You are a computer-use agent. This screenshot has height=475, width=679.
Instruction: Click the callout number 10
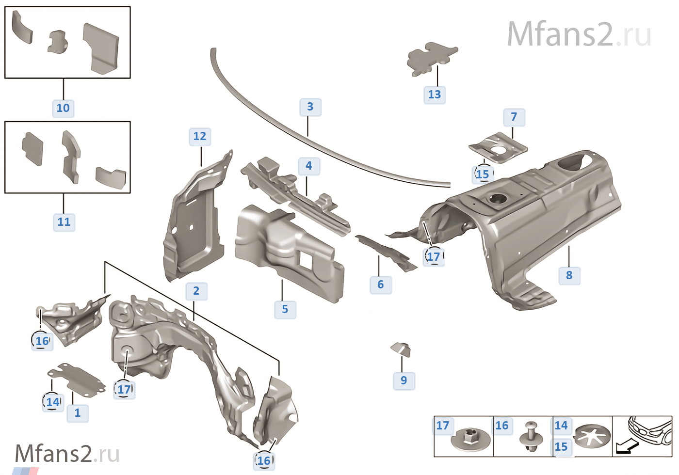click(63, 108)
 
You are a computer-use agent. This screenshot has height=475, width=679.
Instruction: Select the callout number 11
click(64, 222)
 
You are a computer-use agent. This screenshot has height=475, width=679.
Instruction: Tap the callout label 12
click(200, 136)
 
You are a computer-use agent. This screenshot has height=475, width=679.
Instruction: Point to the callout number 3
click(310, 107)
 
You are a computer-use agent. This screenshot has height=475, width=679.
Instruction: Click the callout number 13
click(435, 95)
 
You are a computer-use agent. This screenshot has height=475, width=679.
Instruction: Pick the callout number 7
click(514, 117)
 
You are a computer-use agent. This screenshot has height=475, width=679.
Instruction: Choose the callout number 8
click(569, 275)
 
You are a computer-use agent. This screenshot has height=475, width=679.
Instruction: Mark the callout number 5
click(285, 309)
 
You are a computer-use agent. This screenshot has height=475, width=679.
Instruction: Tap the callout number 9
click(404, 380)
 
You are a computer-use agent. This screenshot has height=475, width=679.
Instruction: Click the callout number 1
click(78, 413)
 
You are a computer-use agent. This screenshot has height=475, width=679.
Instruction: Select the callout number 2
click(196, 291)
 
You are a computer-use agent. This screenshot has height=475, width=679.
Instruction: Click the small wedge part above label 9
click(402, 348)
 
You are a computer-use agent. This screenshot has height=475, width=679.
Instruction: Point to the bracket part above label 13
click(432, 58)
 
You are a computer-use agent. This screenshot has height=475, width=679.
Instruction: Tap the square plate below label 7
click(498, 147)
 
